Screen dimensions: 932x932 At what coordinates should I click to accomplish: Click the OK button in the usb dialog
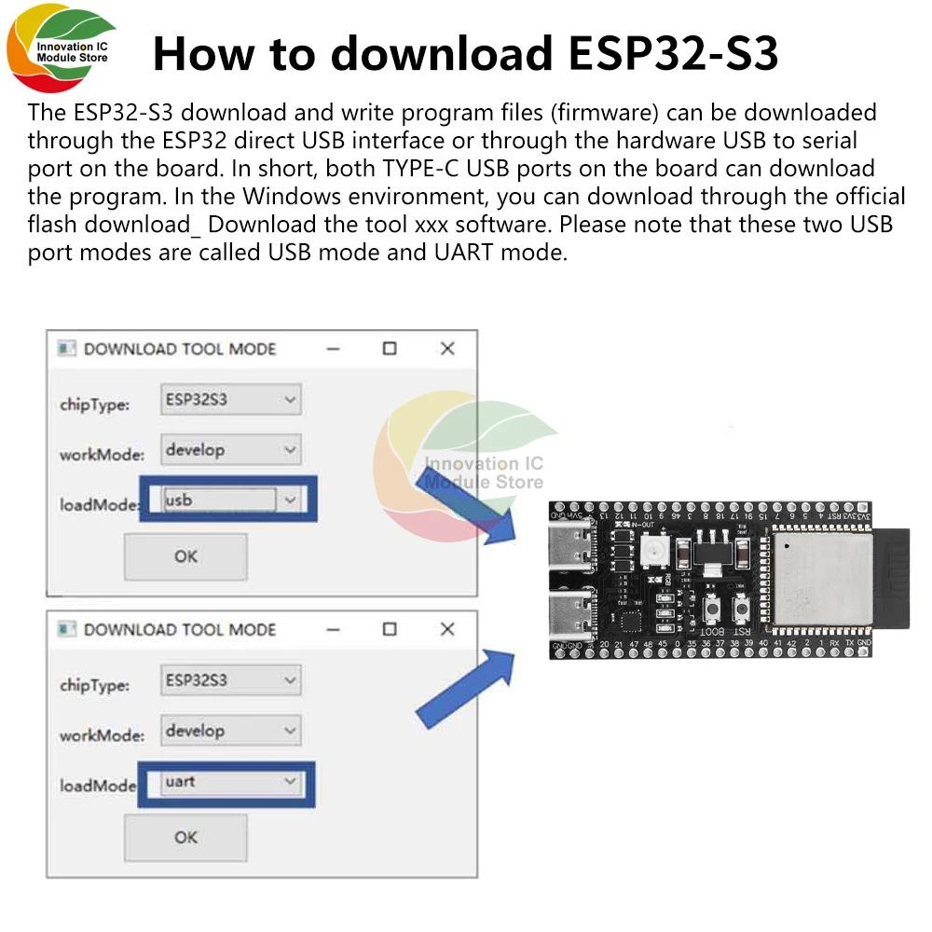185,556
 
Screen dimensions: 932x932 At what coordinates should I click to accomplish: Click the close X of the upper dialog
447,349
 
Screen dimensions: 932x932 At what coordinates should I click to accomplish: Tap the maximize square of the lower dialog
390,629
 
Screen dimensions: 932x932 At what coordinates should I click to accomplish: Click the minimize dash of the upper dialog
334,349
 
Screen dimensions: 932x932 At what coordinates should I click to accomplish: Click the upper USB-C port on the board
571,549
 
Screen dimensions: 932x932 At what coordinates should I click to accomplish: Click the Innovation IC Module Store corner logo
61,51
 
